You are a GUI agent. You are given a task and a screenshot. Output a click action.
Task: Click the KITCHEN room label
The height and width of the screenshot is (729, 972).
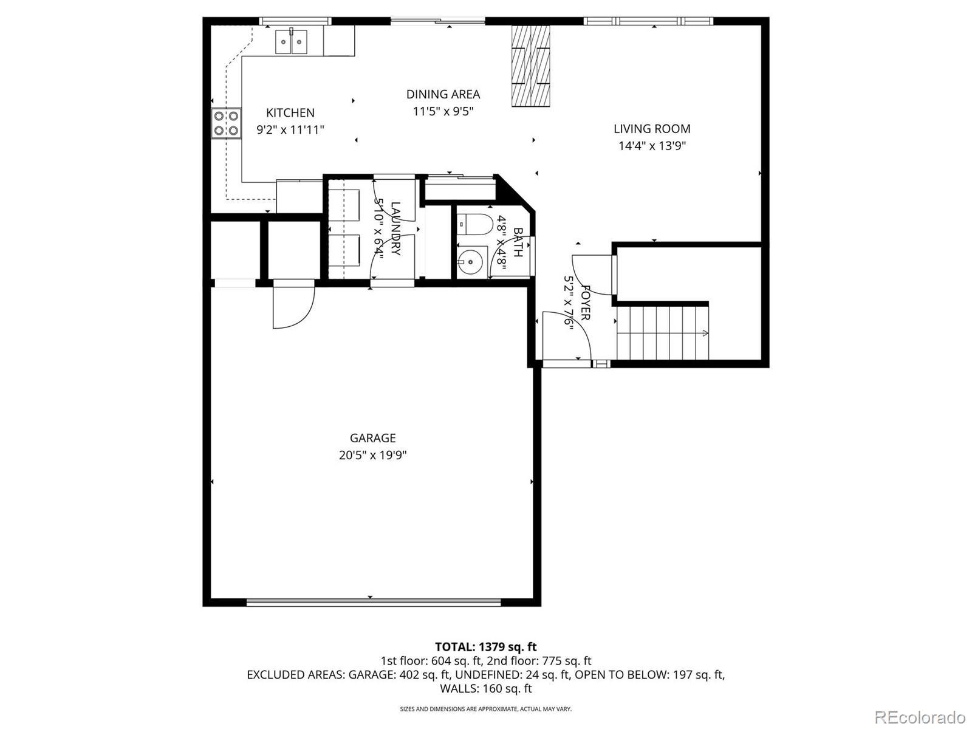point(290,112)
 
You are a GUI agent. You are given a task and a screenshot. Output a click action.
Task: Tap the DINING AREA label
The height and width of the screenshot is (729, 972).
point(443,94)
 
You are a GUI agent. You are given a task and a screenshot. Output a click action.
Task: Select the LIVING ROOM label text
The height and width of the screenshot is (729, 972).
point(652,129)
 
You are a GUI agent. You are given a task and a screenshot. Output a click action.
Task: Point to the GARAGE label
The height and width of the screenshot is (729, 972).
point(373,438)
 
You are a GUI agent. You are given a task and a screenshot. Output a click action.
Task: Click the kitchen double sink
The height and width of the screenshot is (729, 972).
point(292,41)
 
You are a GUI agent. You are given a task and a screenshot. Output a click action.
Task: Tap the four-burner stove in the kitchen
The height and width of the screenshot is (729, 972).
point(226,123)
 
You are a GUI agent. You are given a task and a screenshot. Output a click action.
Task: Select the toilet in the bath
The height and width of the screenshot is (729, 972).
point(474,224)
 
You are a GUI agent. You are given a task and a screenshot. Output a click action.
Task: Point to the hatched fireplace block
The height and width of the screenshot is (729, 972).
point(531,66)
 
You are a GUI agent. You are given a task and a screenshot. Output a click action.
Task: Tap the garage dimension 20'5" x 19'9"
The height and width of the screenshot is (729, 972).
point(373,455)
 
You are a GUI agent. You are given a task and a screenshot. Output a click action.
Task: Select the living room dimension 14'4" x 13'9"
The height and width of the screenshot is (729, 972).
point(652,146)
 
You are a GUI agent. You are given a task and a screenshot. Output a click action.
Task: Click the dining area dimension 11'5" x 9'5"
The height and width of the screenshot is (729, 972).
point(443,111)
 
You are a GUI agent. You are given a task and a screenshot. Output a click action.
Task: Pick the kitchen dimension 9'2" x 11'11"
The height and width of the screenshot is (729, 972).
point(290,129)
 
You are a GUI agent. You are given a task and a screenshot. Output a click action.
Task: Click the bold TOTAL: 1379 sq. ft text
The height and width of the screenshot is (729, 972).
point(486,646)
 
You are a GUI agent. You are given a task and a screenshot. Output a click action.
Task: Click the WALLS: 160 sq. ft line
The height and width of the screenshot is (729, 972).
point(486,688)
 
